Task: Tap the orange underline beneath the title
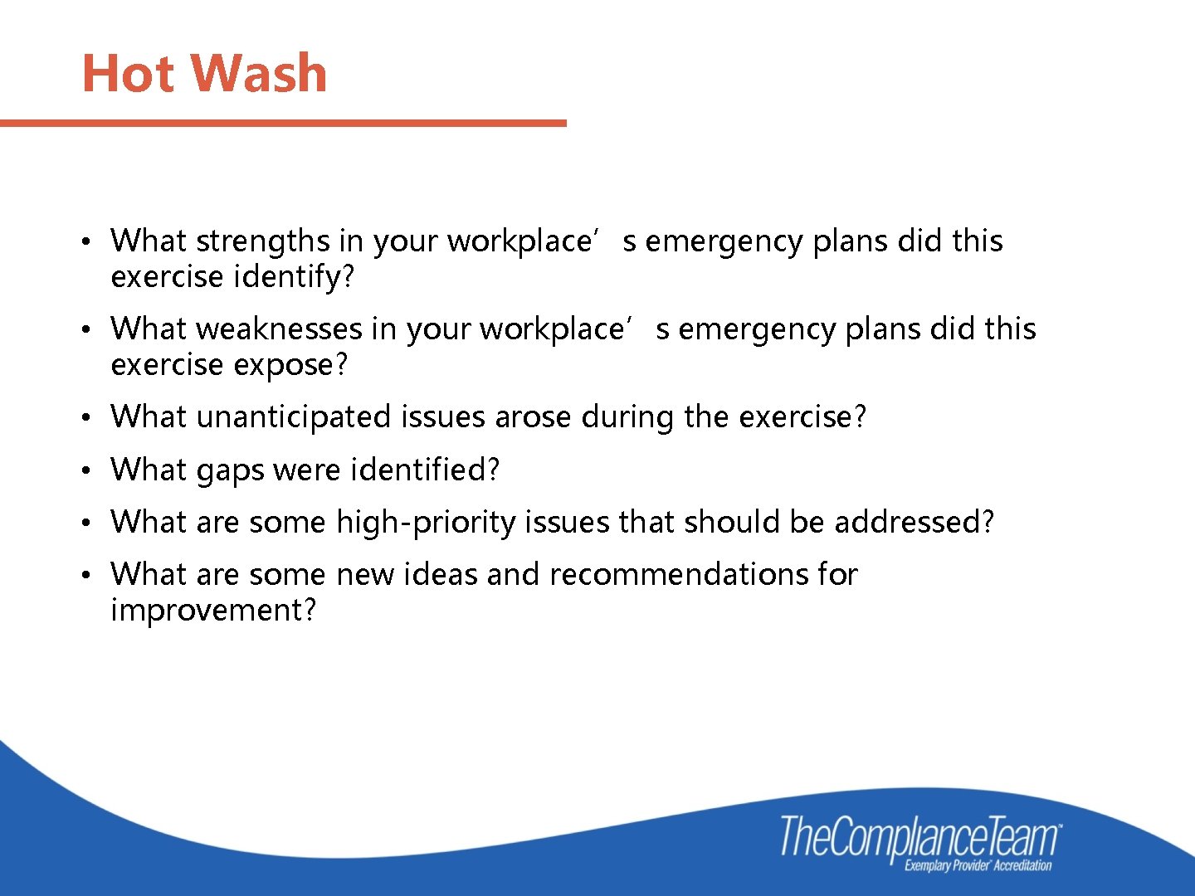[282, 123]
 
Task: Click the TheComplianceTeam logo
[919, 835]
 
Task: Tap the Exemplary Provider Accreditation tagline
[978, 866]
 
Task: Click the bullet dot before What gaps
[85, 471]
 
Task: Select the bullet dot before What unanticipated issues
[85, 418]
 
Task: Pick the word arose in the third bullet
[533, 416]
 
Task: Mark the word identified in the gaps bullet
[419, 470]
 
